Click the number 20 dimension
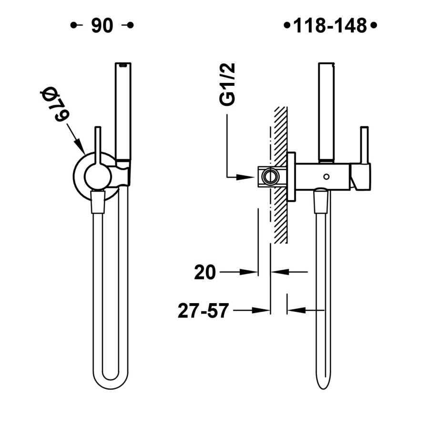click(205, 272)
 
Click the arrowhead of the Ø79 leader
click(79, 146)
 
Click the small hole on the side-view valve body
click(326, 177)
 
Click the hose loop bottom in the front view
click(110, 381)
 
